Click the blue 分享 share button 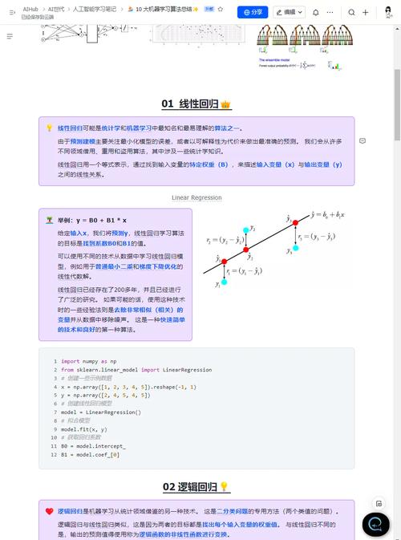pos(252,12)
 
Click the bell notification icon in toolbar pos(316,12)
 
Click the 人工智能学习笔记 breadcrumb pos(95,8)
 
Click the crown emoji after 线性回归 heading pos(226,104)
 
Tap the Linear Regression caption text pos(196,197)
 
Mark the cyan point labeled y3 pos(296,248)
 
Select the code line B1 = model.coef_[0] pos(91,455)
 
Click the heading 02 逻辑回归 pos(189,487)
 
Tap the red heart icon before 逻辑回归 pos(50,511)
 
